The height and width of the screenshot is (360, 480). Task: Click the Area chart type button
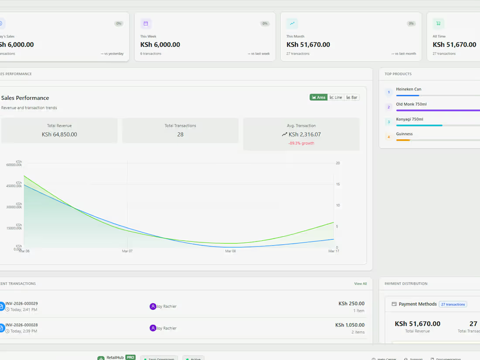coord(319,97)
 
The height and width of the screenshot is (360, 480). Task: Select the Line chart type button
coord(336,97)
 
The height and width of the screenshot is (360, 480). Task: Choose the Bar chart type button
coord(352,97)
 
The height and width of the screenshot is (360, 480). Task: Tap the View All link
coord(360,284)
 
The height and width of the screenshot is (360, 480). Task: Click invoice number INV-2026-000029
coord(21,303)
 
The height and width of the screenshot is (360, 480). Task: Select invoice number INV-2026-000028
coord(21,325)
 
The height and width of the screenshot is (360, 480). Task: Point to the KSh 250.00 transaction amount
coord(351,304)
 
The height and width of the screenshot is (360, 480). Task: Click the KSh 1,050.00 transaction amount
coord(350,325)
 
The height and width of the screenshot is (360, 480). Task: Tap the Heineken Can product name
coord(408,89)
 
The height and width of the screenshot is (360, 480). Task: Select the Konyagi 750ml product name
coord(409,119)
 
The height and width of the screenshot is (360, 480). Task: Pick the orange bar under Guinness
coord(403,140)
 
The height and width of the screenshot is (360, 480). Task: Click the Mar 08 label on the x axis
coord(230,251)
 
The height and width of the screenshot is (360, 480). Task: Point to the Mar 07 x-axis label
coord(127,251)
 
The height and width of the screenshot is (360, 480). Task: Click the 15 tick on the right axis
coord(338,184)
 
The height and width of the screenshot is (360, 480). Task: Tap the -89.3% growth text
coord(301,143)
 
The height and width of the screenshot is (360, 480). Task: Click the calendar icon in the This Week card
coord(146,24)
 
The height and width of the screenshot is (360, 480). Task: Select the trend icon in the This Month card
coord(292,24)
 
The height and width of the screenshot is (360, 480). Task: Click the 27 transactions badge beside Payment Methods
coord(453,304)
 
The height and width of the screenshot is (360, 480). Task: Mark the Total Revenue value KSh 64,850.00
coord(59,134)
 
